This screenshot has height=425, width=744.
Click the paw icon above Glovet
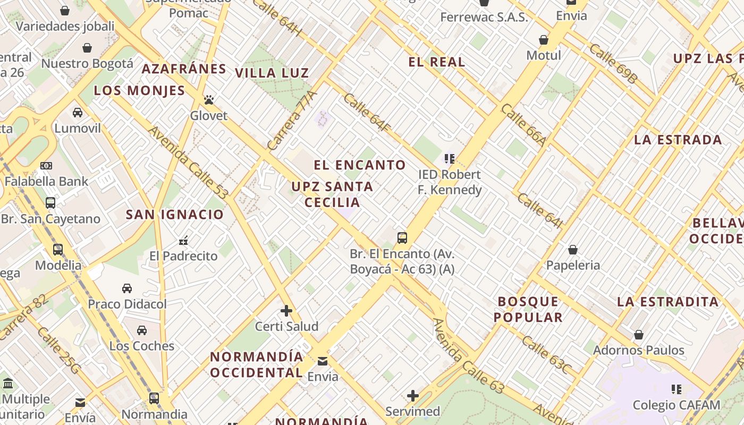[208, 100]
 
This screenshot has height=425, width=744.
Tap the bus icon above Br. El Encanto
[402, 237]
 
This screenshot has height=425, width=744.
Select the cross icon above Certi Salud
[286, 310]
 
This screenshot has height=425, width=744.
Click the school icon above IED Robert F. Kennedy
[450, 158]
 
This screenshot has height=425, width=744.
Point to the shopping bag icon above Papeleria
[573, 249]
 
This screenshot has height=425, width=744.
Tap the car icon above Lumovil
[78, 112]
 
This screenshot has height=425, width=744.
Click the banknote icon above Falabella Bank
[46, 165]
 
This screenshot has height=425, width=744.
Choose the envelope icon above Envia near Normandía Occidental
[323, 361]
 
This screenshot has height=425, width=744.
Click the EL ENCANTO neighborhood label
[360, 165]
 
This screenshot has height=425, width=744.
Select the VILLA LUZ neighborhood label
[272, 73]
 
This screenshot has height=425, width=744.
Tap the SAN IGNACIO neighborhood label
[175, 215]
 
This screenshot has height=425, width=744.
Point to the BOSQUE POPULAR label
[528, 309]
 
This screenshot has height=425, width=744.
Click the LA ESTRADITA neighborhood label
[667, 302]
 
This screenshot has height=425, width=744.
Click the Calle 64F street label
[367, 112]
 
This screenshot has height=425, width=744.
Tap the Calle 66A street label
[523, 125]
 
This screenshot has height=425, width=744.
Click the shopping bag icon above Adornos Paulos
[639, 334]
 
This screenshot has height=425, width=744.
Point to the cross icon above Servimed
[413, 395]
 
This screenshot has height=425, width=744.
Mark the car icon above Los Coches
[142, 330]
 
